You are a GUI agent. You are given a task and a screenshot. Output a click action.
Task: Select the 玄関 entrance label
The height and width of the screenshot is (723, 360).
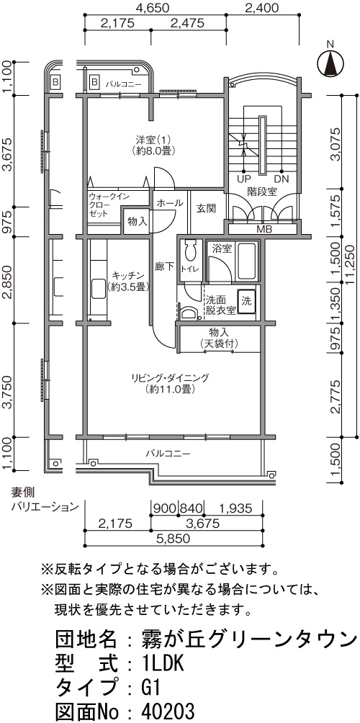click(x=206, y=209)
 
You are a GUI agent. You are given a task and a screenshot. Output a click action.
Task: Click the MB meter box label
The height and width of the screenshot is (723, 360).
click(x=264, y=229)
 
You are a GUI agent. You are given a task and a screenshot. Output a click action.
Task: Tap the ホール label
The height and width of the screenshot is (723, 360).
click(x=170, y=203)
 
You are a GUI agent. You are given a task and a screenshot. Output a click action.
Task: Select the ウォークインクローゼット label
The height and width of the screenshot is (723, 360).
click(x=103, y=205)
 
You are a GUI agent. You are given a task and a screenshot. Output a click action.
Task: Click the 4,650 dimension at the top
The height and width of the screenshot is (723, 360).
click(x=153, y=8)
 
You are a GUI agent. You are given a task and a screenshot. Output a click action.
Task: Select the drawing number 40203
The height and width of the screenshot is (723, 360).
click(x=168, y=711)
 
